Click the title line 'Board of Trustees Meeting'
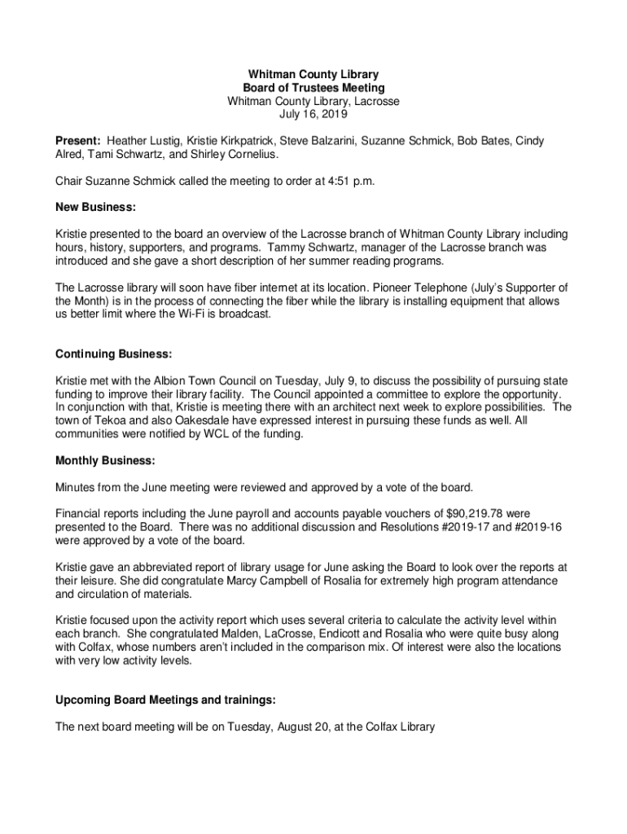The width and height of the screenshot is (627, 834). [313, 88]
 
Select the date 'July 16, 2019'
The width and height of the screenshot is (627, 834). [313, 115]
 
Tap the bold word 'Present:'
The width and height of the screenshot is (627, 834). [78, 141]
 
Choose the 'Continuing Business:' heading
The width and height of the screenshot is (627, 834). [113, 354]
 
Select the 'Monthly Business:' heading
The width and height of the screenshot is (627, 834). [105, 461]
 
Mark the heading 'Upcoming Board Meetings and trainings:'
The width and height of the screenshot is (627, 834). [165, 700]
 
